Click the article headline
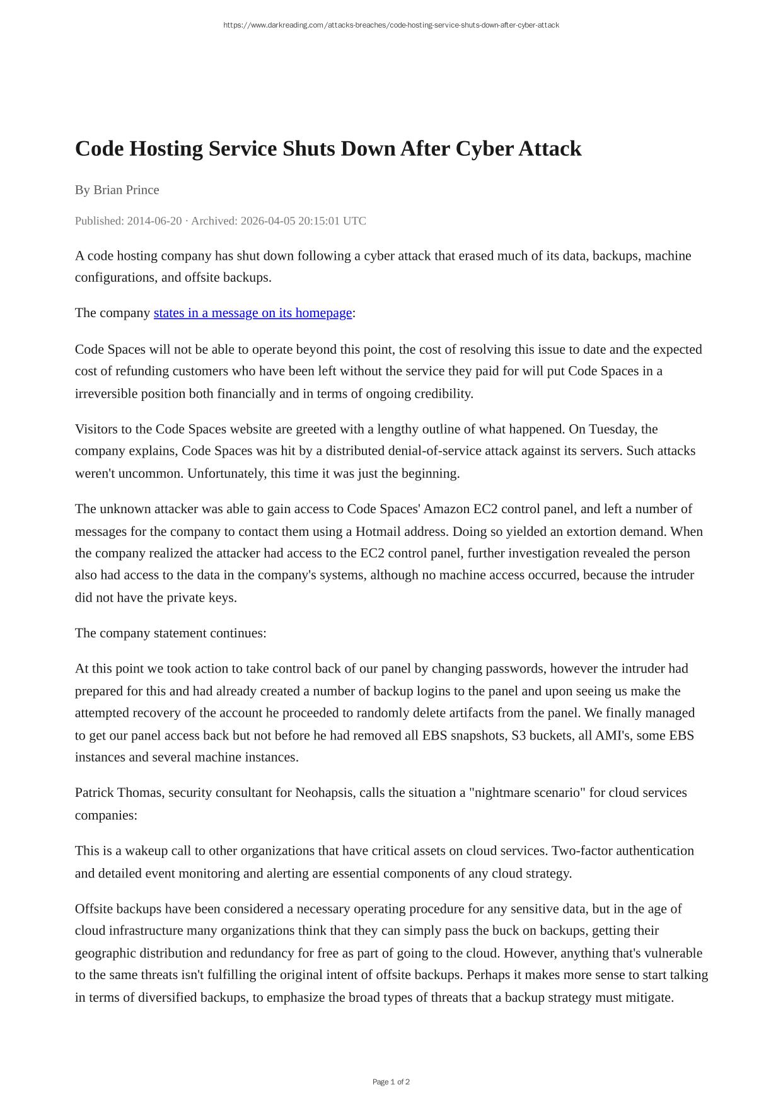coord(328,149)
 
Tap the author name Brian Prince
coord(126,190)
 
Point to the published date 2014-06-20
coord(154,221)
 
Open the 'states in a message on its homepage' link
coord(253,313)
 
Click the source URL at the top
coord(391,25)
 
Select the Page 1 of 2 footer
coord(391,1082)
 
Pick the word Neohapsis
coord(324,792)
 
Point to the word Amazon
coord(446,509)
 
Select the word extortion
coord(590,531)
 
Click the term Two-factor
coord(582,850)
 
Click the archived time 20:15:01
coord(313,221)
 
